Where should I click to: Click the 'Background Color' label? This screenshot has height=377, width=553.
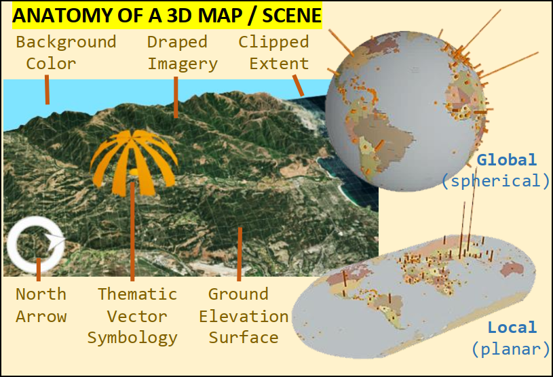coord(66,53)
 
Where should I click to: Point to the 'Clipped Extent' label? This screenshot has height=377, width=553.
coord(274,53)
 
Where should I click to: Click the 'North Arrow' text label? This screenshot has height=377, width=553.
coord(41,305)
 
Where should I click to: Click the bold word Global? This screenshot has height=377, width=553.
coord(506,160)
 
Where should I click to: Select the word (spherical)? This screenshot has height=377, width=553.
coord(495,181)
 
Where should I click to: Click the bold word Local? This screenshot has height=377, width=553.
coord(512,328)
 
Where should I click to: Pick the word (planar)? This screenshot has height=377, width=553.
coord(510,349)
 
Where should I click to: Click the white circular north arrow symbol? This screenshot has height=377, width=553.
coord(35,243)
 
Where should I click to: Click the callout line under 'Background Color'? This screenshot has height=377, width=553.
coord(47,90)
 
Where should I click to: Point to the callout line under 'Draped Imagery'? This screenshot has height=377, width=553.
coord(175,98)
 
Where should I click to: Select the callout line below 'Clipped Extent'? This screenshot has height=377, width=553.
coord(298,85)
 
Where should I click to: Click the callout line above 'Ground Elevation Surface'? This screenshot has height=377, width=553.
coord(240,254)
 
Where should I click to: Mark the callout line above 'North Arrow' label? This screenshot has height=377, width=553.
coord(39,269)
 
